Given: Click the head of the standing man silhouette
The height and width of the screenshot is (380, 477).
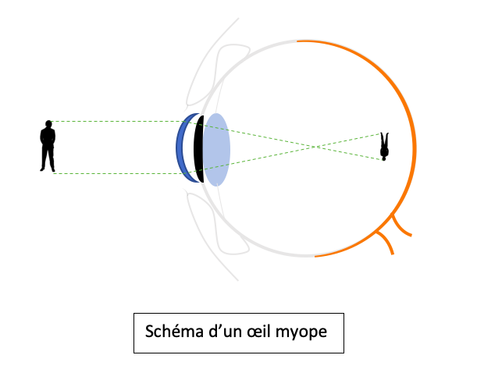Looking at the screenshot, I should click(48, 123).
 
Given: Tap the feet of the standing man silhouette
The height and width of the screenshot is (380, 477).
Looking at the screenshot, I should click(48, 169).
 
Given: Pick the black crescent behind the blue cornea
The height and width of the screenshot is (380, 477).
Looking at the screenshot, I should click(200, 149).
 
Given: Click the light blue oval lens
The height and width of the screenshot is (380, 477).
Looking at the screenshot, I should click(216, 149).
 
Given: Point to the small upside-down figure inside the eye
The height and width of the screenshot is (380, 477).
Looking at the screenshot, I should click(383, 146).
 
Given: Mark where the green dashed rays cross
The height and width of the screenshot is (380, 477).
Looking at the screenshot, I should click(314, 146).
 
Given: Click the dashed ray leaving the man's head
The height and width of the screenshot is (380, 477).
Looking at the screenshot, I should click(117, 121).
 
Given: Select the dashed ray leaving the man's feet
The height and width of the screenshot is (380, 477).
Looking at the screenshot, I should click(117, 173).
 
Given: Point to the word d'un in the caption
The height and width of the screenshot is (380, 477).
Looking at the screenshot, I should click(226, 332).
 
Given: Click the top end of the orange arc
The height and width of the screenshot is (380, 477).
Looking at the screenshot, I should click(298, 40).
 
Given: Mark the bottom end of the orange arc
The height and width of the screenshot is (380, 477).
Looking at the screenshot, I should click(315, 255).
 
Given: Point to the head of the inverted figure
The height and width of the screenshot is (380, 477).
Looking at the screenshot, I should click(383, 157).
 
